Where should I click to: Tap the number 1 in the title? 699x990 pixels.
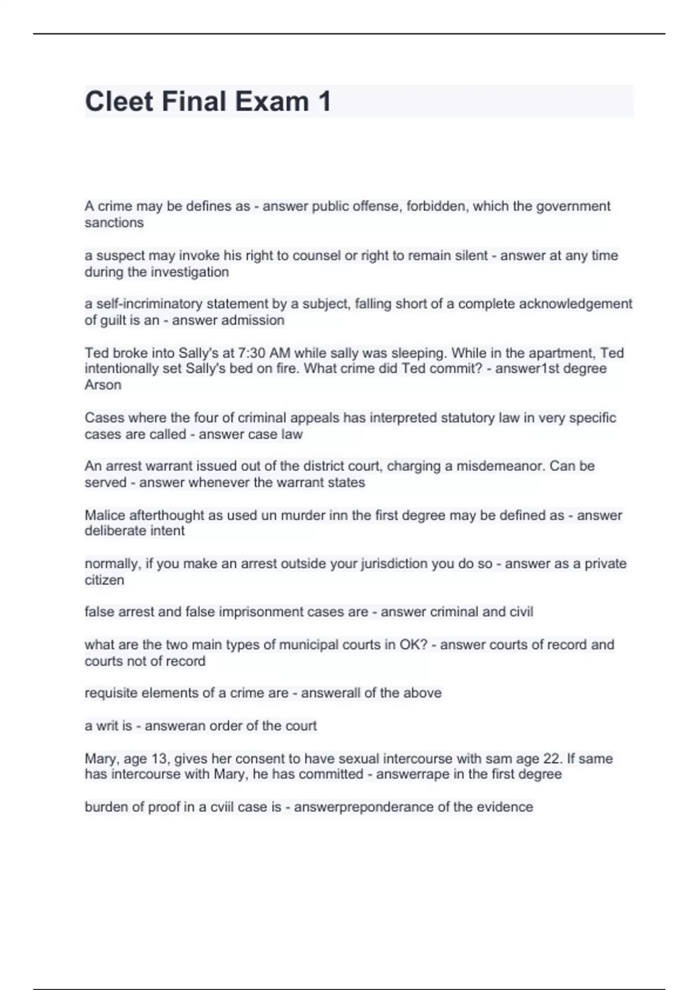pos(324,101)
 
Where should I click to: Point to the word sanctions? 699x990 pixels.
pos(114,222)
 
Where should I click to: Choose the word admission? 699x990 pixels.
pos(257,320)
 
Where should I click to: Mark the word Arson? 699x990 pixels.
pos(103,385)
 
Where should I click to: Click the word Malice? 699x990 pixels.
pos(104,515)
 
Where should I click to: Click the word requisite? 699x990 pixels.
pos(111,693)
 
